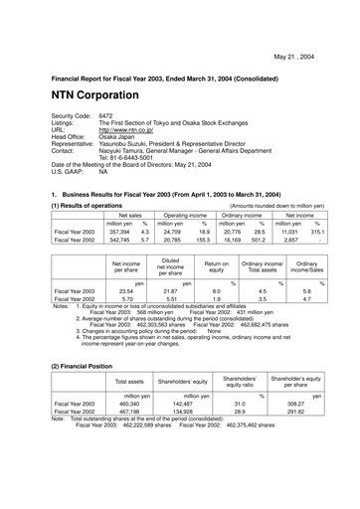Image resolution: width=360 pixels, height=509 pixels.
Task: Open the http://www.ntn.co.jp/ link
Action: pos(136,128)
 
